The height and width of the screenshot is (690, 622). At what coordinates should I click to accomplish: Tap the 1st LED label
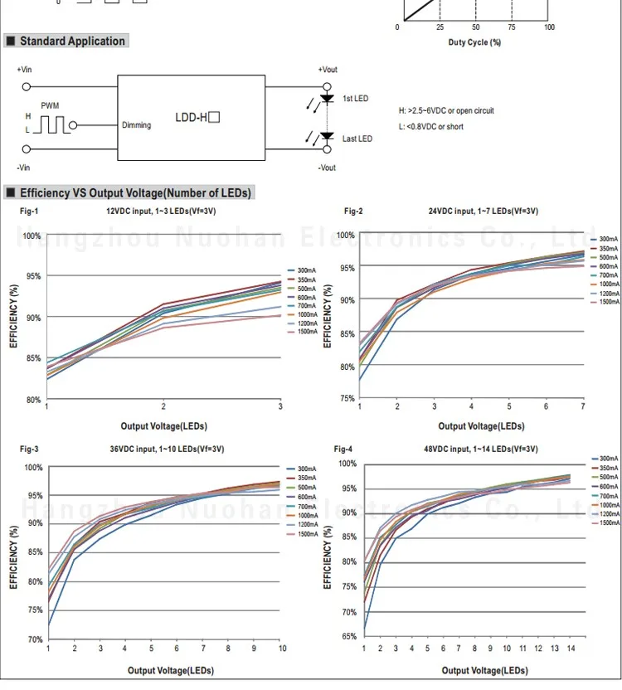355,99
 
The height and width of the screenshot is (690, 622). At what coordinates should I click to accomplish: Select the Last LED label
357,138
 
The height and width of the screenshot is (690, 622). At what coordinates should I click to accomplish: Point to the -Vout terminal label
327,168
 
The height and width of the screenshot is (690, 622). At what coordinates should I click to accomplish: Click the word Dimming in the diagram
136,125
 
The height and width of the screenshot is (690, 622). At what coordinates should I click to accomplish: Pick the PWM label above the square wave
50,106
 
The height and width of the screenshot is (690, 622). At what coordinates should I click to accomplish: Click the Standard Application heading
72,41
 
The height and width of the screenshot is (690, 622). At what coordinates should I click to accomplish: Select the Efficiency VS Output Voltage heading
134,193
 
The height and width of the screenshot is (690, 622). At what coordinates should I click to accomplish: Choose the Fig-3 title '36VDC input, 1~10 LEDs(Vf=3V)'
167,449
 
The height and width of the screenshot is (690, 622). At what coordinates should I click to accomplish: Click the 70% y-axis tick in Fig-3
35,640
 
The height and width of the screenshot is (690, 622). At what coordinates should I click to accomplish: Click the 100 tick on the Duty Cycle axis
549,27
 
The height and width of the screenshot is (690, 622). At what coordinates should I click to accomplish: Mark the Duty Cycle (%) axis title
474,41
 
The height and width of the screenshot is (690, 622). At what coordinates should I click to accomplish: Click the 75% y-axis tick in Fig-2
347,399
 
